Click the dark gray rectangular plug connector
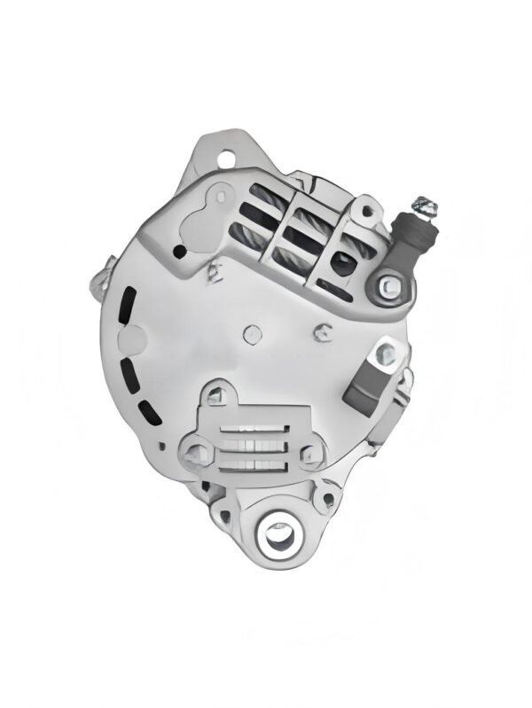[x=365, y=388]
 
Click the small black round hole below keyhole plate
[x=181, y=253]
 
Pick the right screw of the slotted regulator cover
[x=310, y=455]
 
